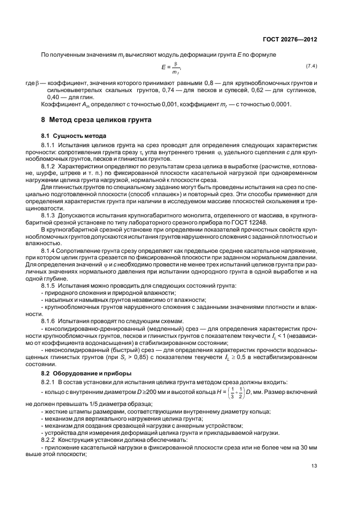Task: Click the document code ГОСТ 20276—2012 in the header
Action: [x=289, y=40]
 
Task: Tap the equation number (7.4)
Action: [x=311, y=66]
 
